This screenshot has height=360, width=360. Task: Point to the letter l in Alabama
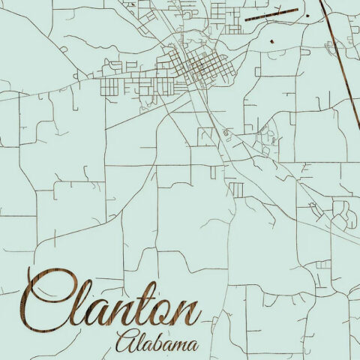click(x=140, y=341)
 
